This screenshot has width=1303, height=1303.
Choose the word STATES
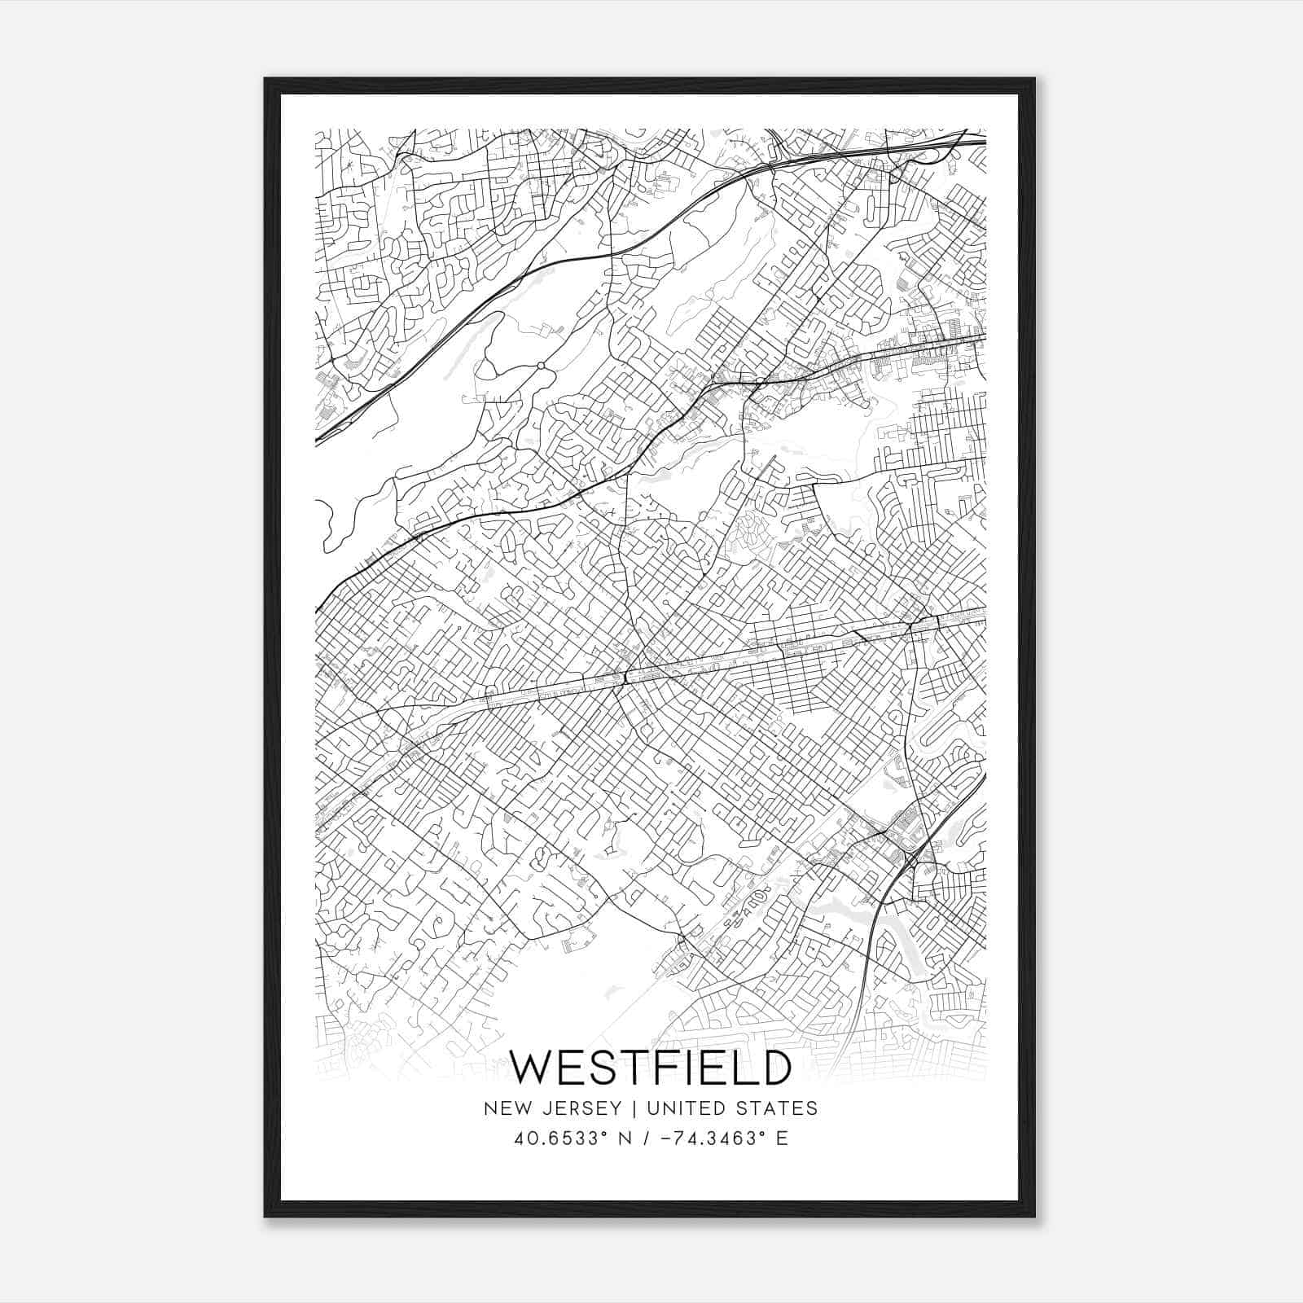[x=778, y=1108]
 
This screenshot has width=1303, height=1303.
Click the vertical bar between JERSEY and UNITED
[x=625, y=1108]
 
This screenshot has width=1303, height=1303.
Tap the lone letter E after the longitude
[x=783, y=1138]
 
